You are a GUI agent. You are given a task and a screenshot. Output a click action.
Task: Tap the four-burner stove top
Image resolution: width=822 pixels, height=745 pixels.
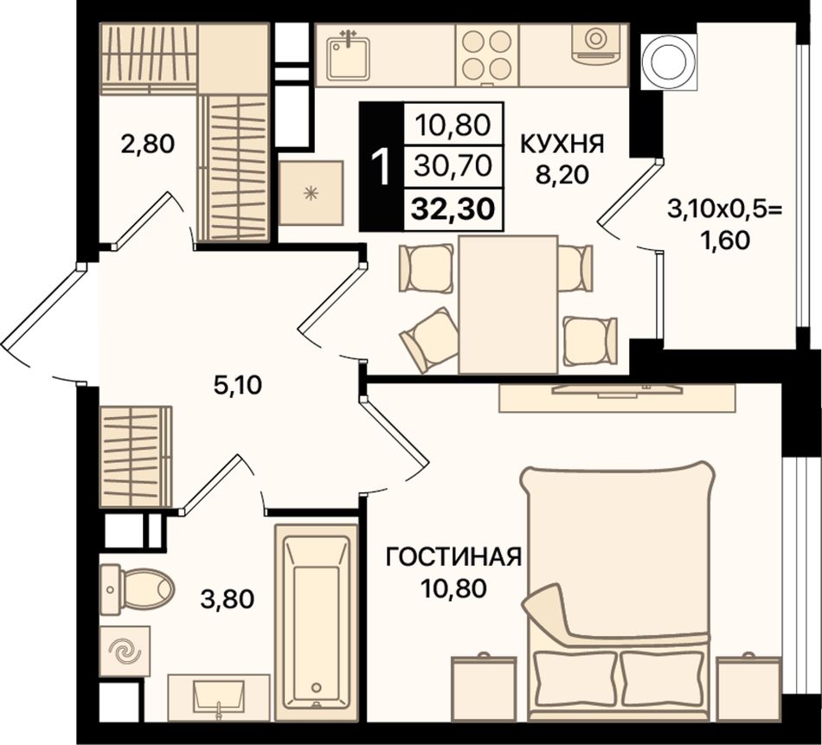(487, 55)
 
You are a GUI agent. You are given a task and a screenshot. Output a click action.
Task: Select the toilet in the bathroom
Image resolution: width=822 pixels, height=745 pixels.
(137, 588)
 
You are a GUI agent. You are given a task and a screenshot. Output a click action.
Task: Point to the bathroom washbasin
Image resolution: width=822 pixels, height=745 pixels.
(219, 697)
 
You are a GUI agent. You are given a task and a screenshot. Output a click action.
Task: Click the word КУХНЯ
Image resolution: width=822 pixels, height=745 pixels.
(562, 144)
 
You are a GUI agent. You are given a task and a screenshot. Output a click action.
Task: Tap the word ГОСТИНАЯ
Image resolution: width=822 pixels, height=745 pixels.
(453, 556)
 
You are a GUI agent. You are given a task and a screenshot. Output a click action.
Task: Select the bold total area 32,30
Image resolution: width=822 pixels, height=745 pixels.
(453, 209)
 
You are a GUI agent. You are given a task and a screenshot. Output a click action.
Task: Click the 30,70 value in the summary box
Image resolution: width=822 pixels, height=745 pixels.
(453, 166)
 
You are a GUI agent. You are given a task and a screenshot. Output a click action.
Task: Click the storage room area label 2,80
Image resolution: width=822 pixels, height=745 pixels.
(147, 144)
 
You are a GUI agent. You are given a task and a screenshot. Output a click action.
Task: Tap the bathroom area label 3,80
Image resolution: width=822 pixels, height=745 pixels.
(228, 599)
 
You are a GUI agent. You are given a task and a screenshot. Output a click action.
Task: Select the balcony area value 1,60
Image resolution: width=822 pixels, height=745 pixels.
(729, 241)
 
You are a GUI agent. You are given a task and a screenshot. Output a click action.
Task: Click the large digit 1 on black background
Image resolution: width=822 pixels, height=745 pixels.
(382, 167)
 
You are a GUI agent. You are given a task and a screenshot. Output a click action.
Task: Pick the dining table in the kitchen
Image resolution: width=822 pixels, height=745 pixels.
(508, 305)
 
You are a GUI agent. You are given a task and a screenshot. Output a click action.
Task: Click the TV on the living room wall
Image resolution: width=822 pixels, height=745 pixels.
(617, 389)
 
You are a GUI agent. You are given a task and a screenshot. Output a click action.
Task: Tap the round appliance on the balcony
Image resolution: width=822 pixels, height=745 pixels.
(670, 62)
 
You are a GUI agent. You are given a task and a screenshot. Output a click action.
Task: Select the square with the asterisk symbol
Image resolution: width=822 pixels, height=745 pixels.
(311, 194)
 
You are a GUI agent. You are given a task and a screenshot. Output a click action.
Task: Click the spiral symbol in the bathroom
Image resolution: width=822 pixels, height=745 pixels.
(125, 652)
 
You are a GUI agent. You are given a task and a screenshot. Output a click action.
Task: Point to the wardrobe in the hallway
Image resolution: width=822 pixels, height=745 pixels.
(136, 457)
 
